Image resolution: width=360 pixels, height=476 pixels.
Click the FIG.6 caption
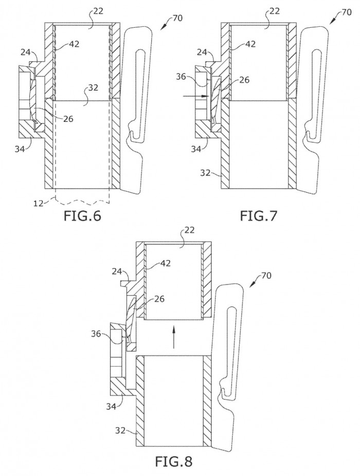(x=82, y=216)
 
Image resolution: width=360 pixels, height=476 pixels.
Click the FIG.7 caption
(x=259, y=216)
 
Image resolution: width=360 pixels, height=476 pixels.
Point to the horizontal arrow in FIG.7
(x=196, y=96)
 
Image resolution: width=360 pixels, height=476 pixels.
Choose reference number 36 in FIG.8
(x=97, y=334)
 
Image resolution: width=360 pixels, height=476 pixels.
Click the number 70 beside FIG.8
(x=266, y=276)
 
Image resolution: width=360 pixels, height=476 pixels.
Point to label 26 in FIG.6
(x=68, y=118)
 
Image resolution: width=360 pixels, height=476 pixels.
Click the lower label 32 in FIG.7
(x=206, y=173)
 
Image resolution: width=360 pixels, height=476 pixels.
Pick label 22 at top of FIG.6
(x=98, y=11)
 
